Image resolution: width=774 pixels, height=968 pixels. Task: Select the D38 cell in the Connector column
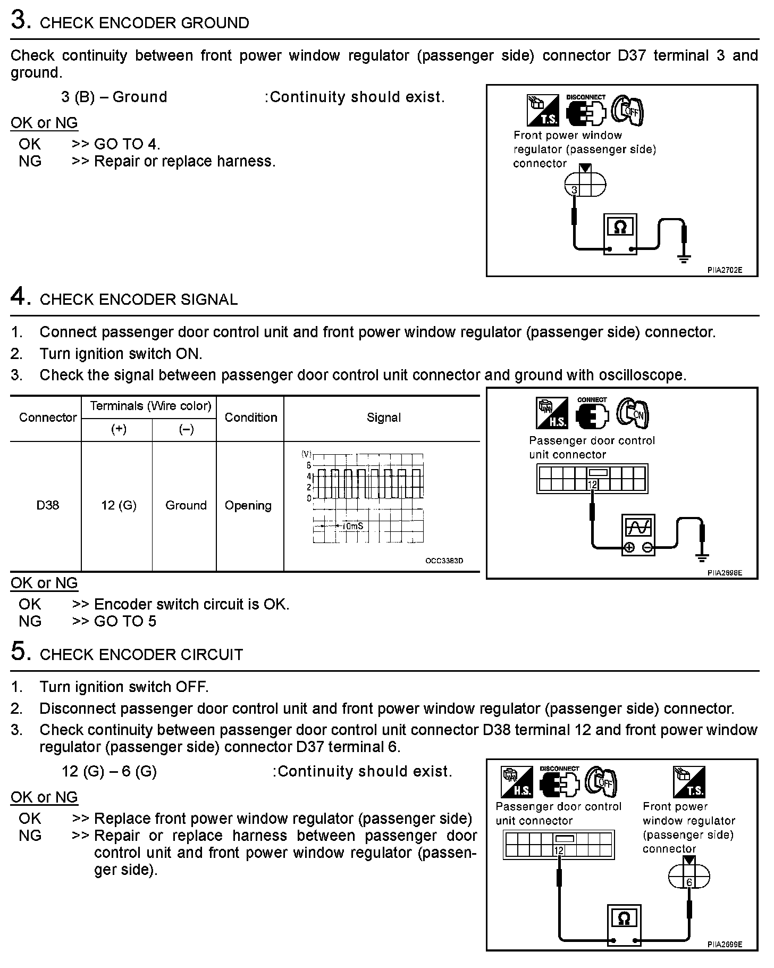pos(47,505)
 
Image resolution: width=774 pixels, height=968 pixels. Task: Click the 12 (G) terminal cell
pos(119,505)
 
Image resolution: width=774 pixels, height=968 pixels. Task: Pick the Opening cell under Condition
pos(248,505)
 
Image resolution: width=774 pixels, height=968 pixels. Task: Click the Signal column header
pos(383,418)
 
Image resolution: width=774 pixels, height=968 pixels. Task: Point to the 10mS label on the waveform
pos(352,525)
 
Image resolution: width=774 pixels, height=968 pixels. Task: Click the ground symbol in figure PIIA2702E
pos(684,258)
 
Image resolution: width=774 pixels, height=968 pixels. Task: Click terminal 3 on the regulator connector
pos(574,190)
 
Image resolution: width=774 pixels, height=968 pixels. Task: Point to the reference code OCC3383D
pos(444,561)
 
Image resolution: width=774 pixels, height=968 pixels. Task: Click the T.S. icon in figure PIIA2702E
pos(542,110)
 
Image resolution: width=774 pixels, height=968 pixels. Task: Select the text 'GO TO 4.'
pos(127,144)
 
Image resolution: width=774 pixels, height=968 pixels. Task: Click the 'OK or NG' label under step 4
pos(44,583)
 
